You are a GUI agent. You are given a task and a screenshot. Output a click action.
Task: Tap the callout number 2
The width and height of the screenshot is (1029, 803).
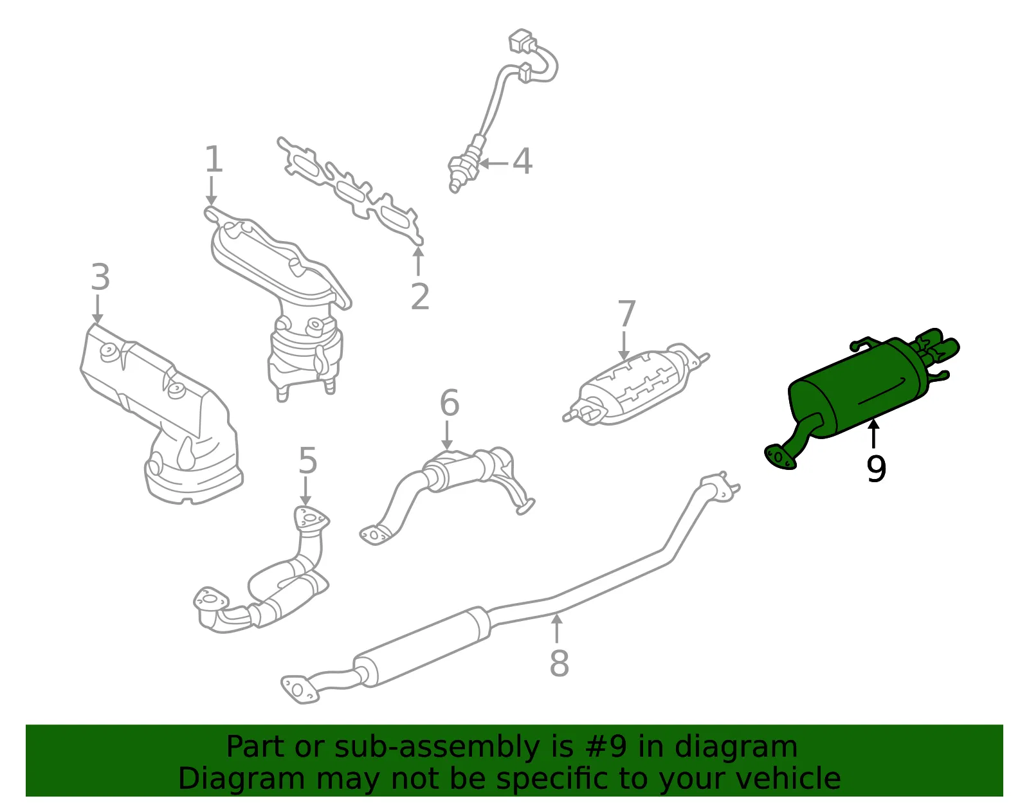tap(420, 296)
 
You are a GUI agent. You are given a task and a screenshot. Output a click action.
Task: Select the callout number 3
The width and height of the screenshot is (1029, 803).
tap(100, 277)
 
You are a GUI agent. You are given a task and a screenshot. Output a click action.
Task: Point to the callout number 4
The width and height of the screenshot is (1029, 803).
tap(522, 161)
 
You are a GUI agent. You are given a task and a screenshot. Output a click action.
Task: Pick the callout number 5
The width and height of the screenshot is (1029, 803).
tap(307, 460)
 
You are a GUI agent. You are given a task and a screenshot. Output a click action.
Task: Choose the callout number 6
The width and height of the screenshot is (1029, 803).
tap(450, 402)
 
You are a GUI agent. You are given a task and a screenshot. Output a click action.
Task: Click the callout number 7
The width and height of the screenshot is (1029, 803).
tap(626, 313)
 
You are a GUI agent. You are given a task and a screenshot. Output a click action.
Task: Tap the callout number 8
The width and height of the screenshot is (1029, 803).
tap(560, 663)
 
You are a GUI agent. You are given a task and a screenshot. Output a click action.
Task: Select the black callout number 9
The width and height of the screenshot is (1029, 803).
tap(875, 468)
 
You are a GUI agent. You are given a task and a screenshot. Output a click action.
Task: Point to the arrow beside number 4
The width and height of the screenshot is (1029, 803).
tap(493, 164)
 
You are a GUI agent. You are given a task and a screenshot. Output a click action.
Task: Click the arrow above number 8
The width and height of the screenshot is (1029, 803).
tap(558, 628)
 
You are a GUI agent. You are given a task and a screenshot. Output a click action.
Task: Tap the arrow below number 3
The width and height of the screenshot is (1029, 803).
tap(98, 309)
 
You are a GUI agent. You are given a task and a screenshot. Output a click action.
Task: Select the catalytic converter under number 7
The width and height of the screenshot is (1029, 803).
tap(636, 384)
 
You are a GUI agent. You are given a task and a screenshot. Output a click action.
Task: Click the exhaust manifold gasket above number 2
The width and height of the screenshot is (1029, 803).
tap(350, 191)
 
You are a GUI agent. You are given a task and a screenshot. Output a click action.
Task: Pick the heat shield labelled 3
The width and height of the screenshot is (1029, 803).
tap(161, 414)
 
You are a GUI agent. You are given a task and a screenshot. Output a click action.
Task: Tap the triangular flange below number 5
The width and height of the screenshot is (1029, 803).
tap(311, 518)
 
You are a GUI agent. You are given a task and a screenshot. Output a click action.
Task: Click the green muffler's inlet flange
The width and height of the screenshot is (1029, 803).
tap(779, 457)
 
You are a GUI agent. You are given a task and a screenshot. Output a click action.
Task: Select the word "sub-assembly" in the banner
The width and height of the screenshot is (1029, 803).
tap(437, 746)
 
